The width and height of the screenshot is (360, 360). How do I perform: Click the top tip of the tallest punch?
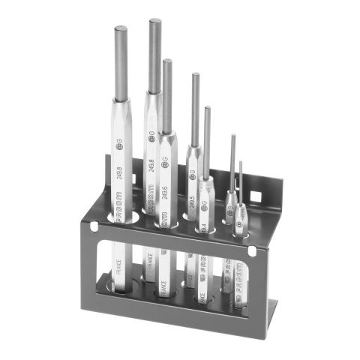pyautogui.click(x=155, y=21)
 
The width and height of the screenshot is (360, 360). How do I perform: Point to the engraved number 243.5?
pyautogui.click(x=192, y=202)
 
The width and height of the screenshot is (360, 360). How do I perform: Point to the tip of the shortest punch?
pyautogui.click(x=241, y=163)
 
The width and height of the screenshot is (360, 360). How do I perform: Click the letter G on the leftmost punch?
pyautogui.click(x=119, y=142)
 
